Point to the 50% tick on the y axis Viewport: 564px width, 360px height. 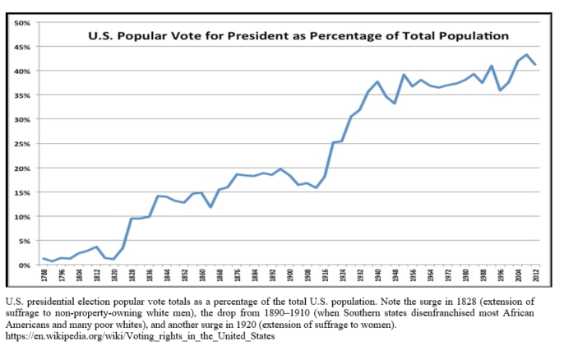click(21, 22)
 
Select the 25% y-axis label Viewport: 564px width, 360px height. click(21, 144)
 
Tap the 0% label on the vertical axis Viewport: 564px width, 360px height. click(24, 265)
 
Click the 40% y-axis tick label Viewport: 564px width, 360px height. click(21, 71)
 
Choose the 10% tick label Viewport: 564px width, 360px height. click(21, 217)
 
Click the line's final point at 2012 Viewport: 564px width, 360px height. click(535, 64)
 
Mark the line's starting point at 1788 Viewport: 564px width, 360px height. click(44, 259)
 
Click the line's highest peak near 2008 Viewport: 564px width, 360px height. click(526, 55)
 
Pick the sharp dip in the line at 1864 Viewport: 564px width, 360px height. click(210, 207)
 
